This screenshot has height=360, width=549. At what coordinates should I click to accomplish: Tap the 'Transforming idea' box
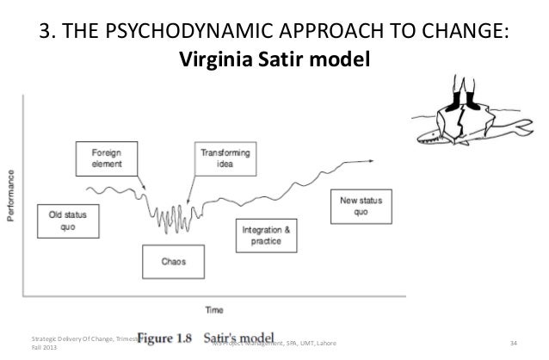coord(222,158)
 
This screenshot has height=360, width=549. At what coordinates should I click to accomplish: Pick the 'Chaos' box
coord(171,258)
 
